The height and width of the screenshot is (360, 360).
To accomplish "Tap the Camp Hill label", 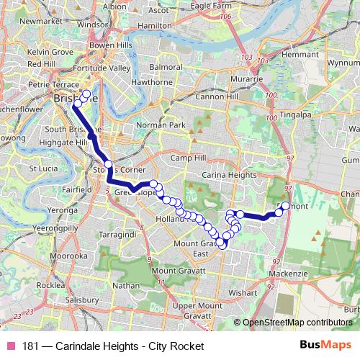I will click(x=189, y=158).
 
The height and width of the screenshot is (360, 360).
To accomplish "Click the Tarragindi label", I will click(x=118, y=235).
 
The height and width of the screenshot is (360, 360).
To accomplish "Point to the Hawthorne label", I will click(x=150, y=81).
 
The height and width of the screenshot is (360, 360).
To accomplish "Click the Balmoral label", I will click(x=166, y=67).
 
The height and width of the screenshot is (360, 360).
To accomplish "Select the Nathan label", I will click(x=126, y=286).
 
